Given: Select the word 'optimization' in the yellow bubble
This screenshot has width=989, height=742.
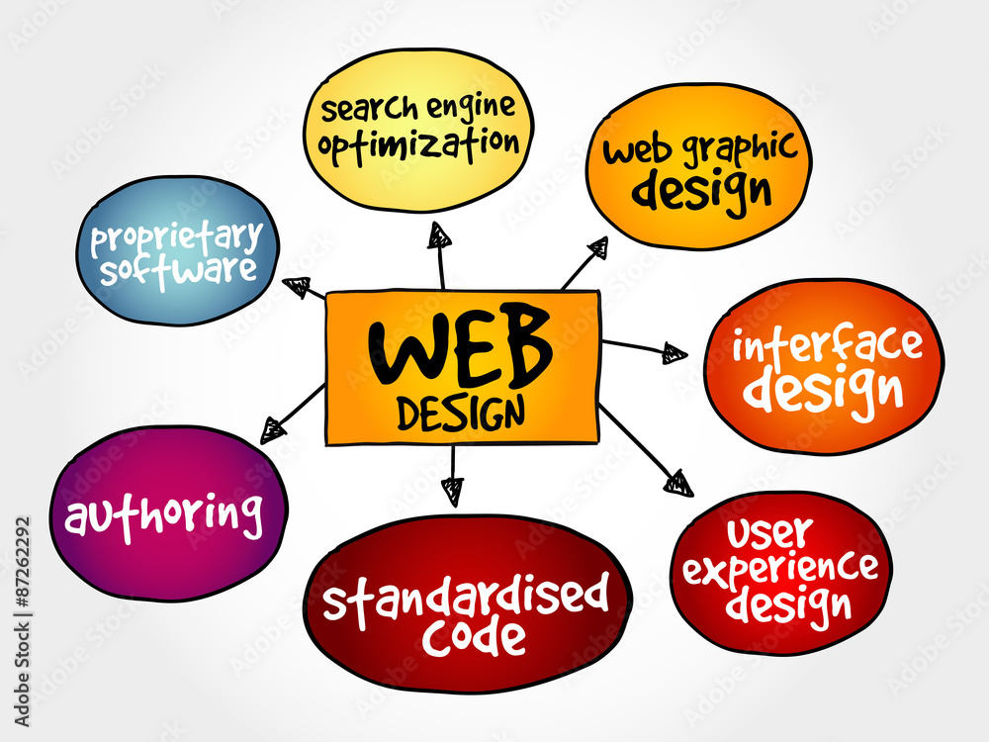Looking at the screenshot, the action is (418, 143).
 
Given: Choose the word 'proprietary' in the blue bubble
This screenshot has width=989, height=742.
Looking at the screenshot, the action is (177, 238).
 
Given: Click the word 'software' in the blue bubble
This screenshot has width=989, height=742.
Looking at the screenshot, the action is (178, 271).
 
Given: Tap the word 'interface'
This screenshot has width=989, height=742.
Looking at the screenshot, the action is (827, 344).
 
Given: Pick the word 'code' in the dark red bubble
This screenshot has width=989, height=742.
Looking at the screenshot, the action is (474, 638).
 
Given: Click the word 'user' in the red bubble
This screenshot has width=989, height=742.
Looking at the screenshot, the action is (769, 533).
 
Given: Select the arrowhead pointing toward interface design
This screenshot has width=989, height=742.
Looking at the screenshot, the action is (674, 353).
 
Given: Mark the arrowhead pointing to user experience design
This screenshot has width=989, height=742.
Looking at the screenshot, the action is (678, 484).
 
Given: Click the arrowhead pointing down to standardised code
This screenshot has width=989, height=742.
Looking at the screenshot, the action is (453, 492).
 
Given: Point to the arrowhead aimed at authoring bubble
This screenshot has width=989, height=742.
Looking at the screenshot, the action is (274, 431).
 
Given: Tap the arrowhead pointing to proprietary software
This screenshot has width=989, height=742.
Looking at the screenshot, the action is (297, 287).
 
